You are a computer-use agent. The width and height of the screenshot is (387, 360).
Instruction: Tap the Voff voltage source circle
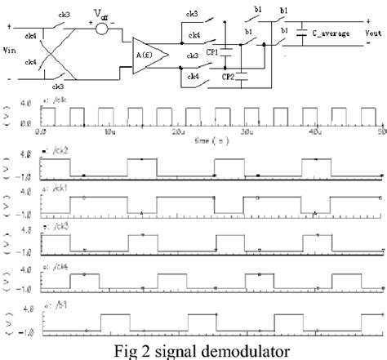click(x=101, y=26)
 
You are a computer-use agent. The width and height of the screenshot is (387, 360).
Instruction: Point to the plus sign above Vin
click(x=8, y=26)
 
